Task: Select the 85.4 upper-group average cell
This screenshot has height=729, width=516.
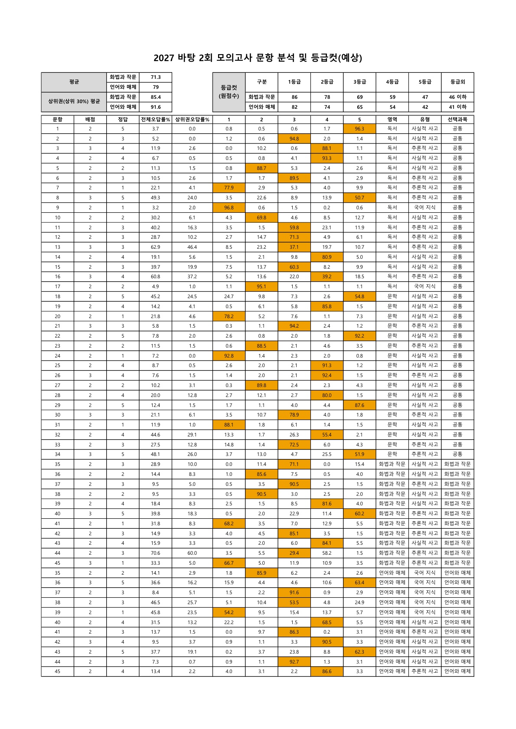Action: (x=156, y=97)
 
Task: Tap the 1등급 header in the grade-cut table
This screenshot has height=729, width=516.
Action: (x=294, y=81)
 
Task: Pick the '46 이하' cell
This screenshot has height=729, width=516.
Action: (x=457, y=97)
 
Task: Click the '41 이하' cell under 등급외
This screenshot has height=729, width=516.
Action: (x=457, y=107)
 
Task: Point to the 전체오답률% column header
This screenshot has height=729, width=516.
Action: (x=155, y=119)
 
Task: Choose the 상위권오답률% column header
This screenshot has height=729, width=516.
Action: (x=192, y=119)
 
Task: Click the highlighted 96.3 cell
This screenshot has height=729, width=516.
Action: (x=359, y=129)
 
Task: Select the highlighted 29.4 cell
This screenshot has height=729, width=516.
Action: (x=294, y=553)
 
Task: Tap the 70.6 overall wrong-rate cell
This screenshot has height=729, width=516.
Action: (x=155, y=553)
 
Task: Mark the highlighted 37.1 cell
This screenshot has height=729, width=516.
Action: (x=294, y=247)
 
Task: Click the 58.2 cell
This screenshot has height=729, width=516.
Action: (x=327, y=553)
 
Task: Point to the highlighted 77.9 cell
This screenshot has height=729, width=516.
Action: (x=229, y=188)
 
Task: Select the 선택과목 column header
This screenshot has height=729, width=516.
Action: (x=457, y=119)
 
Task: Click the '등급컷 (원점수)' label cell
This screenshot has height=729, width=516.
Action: (x=229, y=92)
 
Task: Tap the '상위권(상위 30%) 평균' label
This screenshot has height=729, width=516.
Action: (x=74, y=102)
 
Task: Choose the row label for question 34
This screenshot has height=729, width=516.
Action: (x=58, y=454)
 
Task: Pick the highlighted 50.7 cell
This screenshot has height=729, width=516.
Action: (x=359, y=198)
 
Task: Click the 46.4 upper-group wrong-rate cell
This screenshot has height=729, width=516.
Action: (x=192, y=247)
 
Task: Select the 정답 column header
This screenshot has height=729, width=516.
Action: (x=123, y=119)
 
